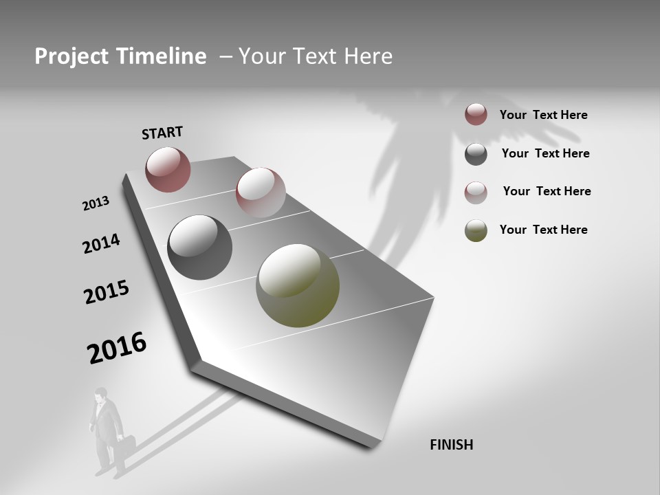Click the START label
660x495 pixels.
162,133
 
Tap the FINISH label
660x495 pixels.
451,445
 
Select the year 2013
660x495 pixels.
96,203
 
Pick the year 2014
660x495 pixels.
101,243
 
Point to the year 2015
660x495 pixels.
107,292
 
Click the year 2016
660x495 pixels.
117,348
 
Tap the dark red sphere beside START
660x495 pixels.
168,169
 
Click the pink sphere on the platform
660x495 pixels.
261,192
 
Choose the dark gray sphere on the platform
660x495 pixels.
199,247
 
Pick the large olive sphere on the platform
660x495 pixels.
298,285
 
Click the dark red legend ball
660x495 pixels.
476,114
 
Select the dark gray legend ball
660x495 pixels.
476,154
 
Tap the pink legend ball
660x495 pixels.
476,192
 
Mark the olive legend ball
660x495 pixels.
476,230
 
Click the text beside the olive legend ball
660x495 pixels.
543,230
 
